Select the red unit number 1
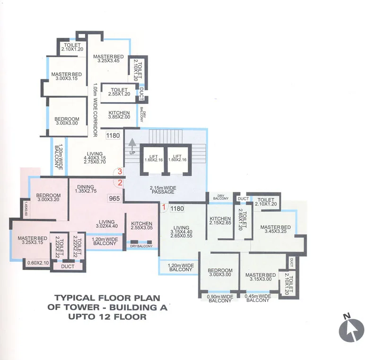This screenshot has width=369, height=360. tap(164, 206)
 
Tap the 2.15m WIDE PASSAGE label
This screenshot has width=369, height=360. tap(164, 190)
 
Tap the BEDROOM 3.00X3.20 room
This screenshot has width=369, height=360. tap(49, 198)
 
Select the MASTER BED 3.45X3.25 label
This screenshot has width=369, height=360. tap(275, 230)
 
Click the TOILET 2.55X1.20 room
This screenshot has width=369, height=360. tap(119, 92)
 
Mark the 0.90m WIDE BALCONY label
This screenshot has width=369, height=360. tap(220, 299)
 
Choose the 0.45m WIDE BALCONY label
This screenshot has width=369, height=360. tap(258, 299)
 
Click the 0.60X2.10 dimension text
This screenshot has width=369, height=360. tap(38, 263)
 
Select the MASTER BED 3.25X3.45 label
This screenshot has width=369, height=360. tap(108, 59)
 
